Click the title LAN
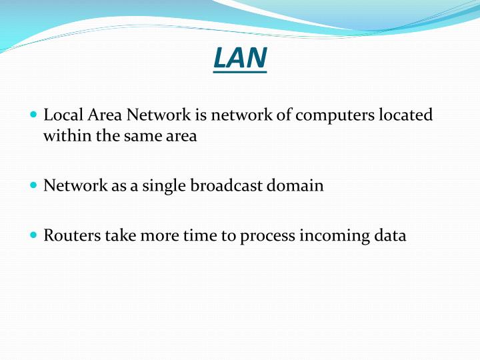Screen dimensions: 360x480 pos(240,57)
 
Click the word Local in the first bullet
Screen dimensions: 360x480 pos(60,115)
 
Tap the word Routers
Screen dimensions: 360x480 pos(69,235)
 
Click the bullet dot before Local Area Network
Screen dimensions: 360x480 pos(35,115)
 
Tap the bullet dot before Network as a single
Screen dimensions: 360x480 pos(35,185)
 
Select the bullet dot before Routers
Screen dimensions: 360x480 pos(35,235)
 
